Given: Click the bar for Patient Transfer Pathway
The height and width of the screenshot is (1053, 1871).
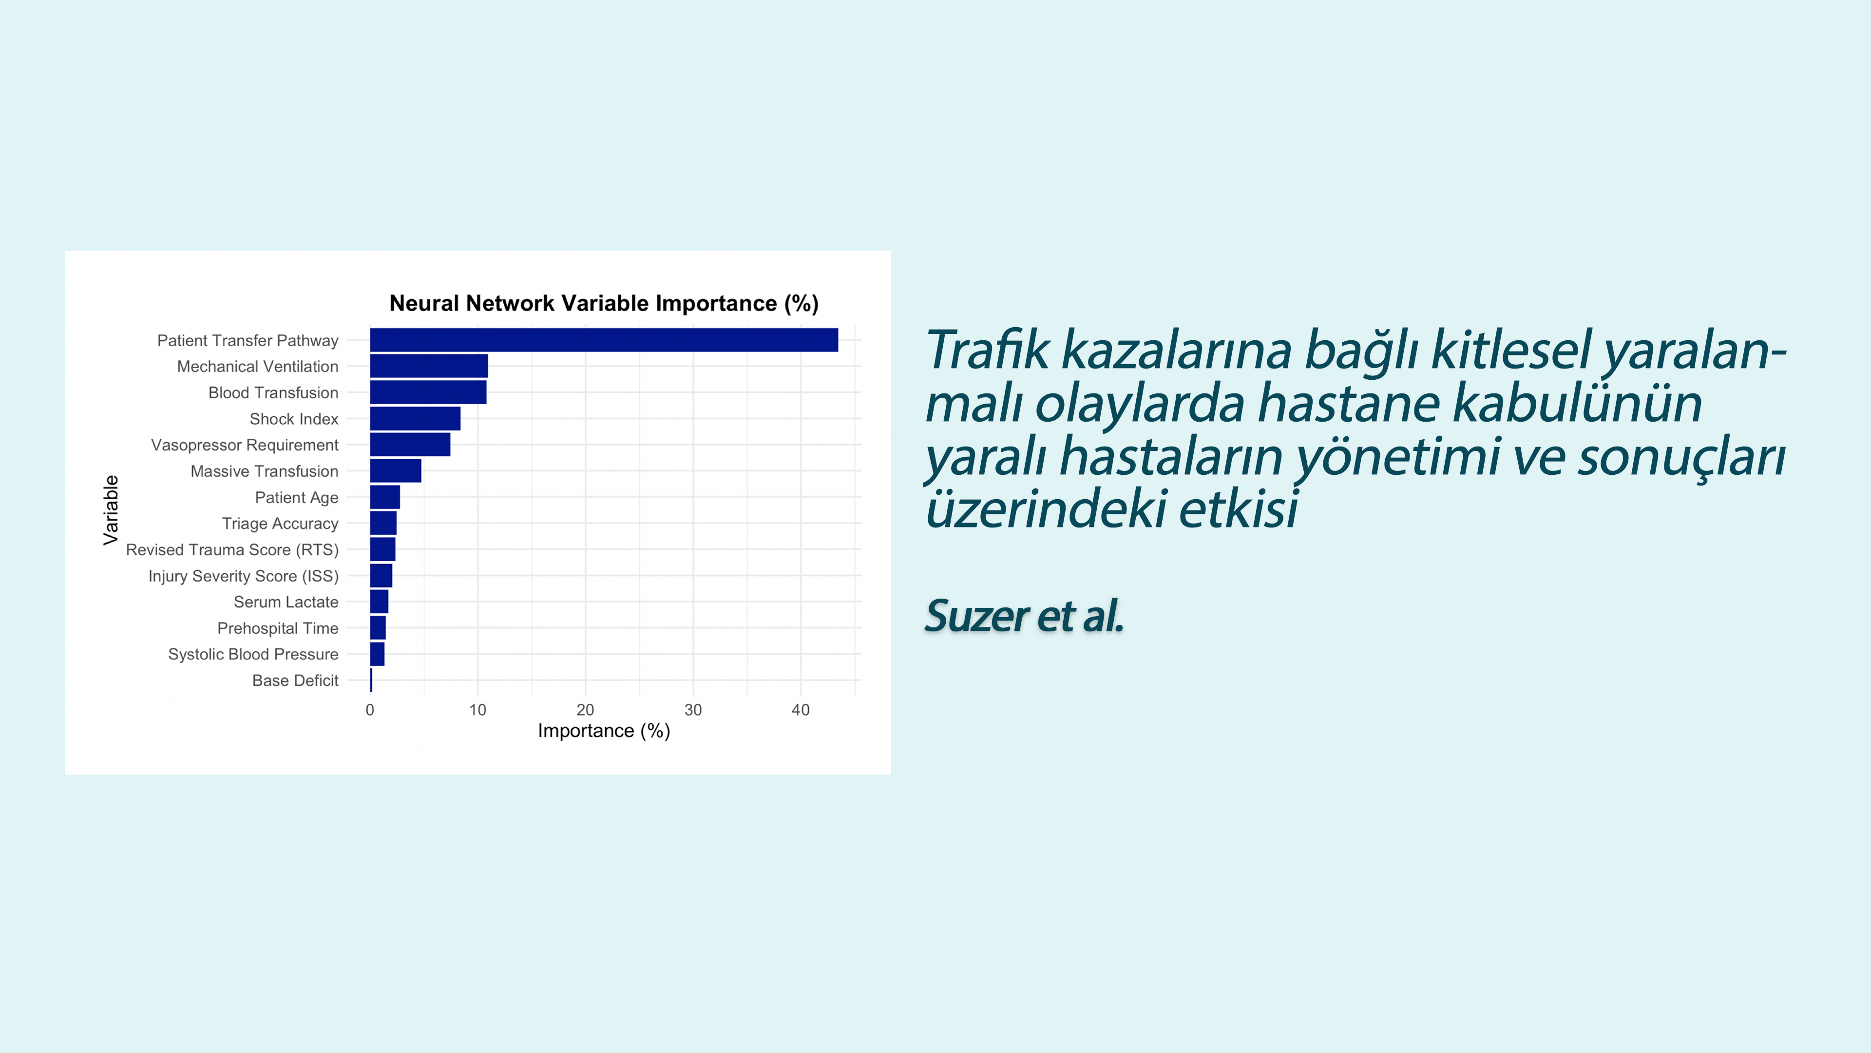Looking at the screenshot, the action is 604,340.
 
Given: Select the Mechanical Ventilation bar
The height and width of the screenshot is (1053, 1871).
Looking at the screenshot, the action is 429,366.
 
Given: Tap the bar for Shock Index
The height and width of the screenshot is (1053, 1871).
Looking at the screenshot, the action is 415,419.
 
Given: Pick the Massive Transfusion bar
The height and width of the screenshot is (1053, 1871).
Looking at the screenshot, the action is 395,471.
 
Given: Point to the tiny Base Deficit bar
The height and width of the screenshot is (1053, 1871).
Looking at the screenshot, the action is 371,680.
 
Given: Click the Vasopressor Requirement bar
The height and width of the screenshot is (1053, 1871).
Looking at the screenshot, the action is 410,445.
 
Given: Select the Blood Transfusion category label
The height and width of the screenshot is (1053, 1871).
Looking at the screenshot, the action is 273,393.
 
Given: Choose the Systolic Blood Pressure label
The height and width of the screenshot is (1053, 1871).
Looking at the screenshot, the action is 253,655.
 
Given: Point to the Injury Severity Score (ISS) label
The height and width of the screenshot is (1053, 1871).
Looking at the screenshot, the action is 243,576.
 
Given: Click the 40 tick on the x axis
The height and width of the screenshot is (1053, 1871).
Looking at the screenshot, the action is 801,710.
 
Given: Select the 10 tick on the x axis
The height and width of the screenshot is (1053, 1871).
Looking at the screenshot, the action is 477,710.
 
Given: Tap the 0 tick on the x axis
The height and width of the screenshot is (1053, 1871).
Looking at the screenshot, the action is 370,710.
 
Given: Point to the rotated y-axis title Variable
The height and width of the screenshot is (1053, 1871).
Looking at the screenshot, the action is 111,510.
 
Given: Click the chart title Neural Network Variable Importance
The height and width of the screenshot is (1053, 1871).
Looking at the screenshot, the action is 583,303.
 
